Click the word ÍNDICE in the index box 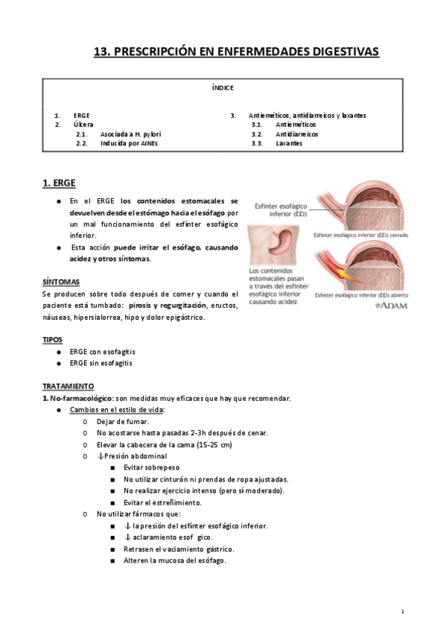[223, 87]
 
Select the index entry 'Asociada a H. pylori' [130, 134]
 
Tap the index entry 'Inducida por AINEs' [130, 143]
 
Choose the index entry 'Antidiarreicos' [296, 134]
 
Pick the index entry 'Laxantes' [289, 143]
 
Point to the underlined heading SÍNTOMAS [61, 282]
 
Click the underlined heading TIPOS [52, 339]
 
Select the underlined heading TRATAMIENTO [68, 386]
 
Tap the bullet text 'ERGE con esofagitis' [102, 351]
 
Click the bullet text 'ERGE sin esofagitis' [101, 363]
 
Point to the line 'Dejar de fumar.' [123, 421]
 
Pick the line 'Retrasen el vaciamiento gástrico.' [177, 549]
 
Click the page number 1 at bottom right [402, 611]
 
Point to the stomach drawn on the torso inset [276, 243]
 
